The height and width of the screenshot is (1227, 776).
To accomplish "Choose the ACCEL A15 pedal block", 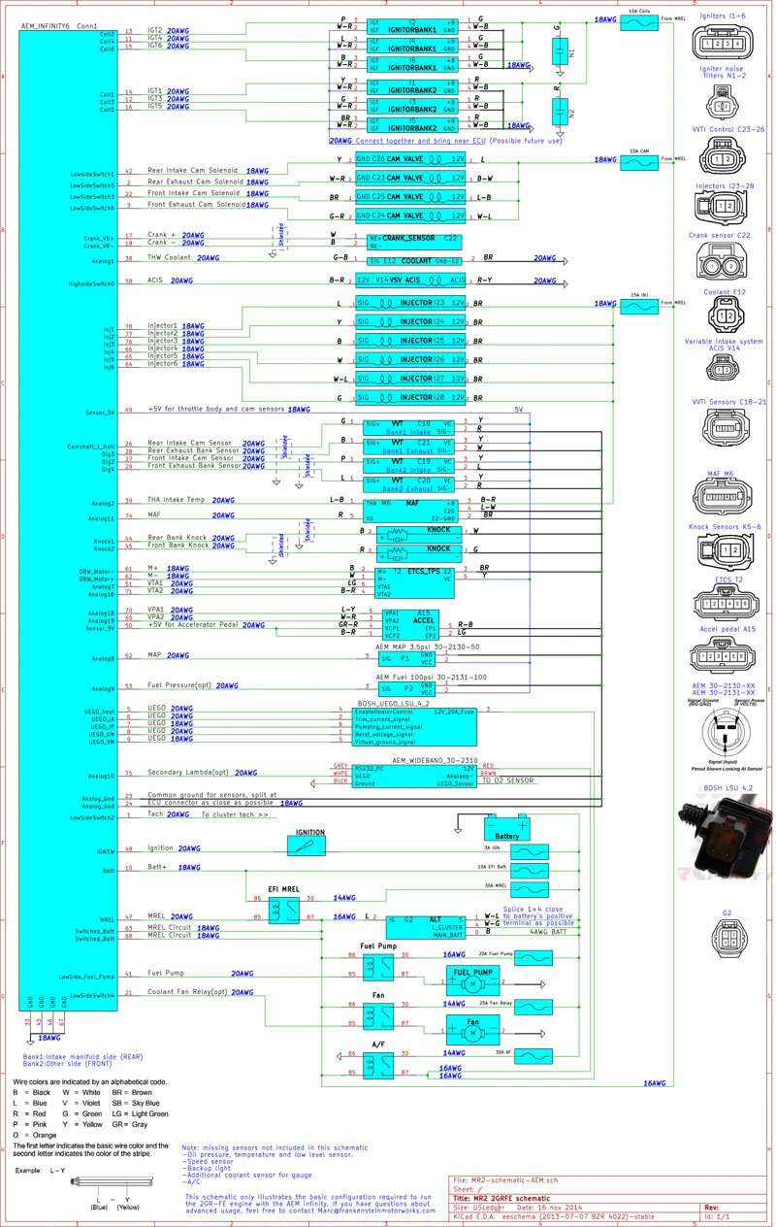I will [x=411, y=624].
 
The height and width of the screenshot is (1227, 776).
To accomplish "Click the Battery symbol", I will [x=507, y=828].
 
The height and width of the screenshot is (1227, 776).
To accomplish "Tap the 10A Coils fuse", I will [x=638, y=20].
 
